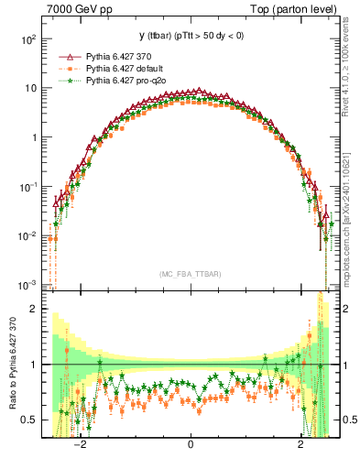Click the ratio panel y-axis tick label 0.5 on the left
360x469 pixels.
(29, 420)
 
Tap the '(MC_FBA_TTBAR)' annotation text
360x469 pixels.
(190, 274)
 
